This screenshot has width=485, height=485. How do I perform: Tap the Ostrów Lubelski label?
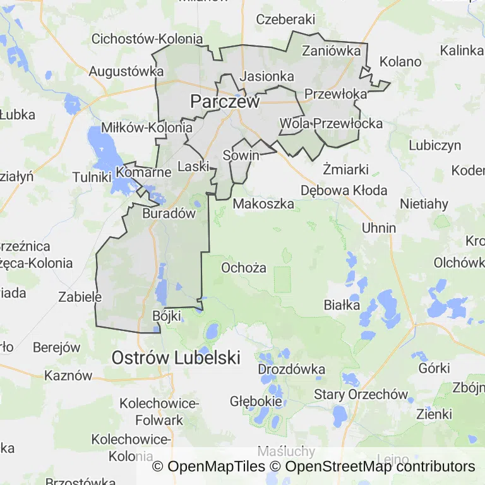176,357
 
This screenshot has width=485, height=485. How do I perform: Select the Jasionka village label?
268,76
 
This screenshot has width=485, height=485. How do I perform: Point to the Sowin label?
241,155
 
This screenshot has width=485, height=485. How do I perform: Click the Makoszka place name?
263,204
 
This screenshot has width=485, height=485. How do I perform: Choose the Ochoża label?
243,268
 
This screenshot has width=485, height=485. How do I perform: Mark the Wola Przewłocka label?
331,123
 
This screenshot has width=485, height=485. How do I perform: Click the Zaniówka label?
332,51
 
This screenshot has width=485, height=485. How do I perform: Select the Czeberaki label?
285,20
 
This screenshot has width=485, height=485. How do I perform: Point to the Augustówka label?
126,71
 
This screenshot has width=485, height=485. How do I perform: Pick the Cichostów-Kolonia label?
147,39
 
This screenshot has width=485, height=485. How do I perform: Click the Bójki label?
167,315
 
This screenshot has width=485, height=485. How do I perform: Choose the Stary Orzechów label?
361,395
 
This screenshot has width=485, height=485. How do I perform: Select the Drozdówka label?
292,369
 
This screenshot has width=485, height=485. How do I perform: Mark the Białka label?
342,305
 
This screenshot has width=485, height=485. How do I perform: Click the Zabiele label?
80,296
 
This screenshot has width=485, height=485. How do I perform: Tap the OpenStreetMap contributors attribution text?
380,467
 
